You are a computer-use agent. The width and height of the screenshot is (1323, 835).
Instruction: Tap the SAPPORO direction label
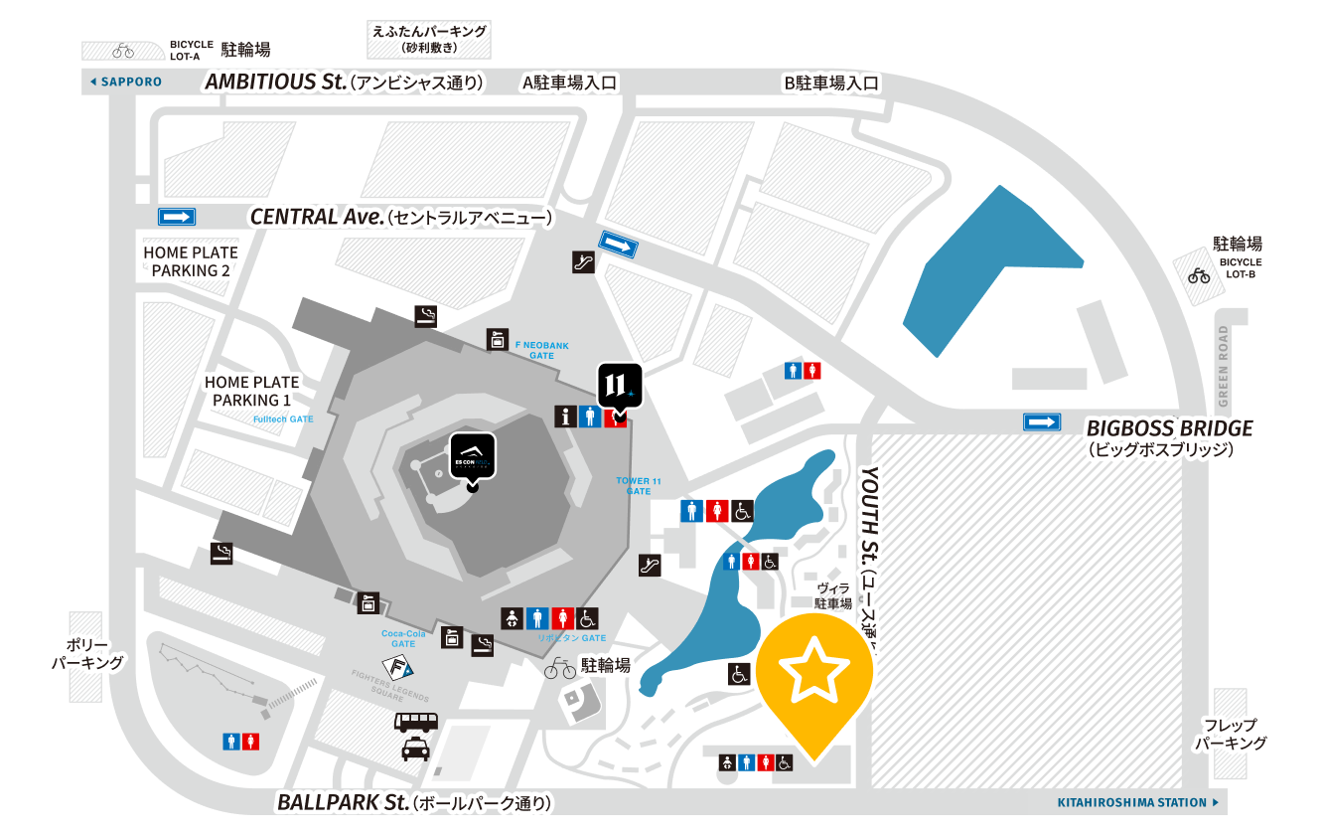coord(126,82)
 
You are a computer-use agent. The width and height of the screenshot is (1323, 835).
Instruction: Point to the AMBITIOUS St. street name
coord(275,82)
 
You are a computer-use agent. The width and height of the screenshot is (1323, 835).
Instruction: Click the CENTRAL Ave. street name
coord(317,217)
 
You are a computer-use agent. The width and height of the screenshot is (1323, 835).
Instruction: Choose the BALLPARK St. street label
coord(343,802)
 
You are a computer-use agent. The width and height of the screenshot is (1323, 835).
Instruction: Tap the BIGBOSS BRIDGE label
coord(1170,428)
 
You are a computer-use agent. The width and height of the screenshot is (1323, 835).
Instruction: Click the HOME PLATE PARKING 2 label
coord(192,261)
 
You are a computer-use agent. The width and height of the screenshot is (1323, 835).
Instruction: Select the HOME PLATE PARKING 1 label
coord(252,391)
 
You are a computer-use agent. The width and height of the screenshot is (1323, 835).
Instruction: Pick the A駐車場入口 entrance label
coord(569,83)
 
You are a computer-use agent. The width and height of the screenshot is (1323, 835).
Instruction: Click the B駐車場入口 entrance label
coord(832,83)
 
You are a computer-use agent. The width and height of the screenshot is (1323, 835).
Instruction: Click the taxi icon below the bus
coord(416,749)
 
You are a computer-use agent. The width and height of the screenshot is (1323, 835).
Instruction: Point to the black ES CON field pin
coord(473,457)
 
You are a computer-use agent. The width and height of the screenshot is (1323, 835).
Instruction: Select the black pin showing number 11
coord(620,386)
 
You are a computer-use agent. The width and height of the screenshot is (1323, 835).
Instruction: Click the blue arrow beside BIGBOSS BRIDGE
coord(1042,421)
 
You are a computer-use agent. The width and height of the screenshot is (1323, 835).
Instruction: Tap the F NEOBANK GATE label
coord(542,350)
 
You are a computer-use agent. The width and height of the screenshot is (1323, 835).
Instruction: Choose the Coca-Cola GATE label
coord(403,638)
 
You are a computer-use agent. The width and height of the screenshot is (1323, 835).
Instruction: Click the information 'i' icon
coord(565,417)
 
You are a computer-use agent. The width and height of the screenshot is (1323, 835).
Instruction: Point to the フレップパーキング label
coord(1231,734)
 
